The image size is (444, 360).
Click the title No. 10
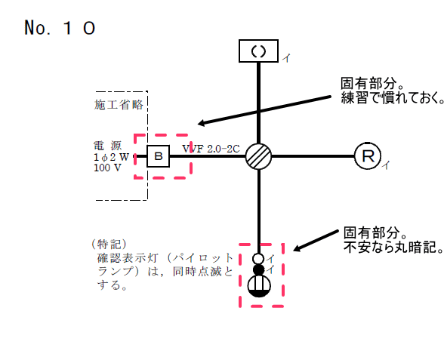click(x=60, y=29)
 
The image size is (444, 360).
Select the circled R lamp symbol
click(x=367, y=156)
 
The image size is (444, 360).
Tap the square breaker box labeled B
click(x=159, y=156)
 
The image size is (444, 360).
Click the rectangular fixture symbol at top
click(x=259, y=51)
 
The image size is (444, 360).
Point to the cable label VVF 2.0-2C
click(x=211, y=148)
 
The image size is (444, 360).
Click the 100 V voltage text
click(x=106, y=167)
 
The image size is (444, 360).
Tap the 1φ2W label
click(x=110, y=155)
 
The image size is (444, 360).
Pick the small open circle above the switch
click(x=258, y=259)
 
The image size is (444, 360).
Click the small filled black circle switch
click(x=258, y=270)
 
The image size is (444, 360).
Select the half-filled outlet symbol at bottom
click(x=259, y=286)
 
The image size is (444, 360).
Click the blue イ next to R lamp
click(x=386, y=165)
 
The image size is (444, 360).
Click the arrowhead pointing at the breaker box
click(x=201, y=125)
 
